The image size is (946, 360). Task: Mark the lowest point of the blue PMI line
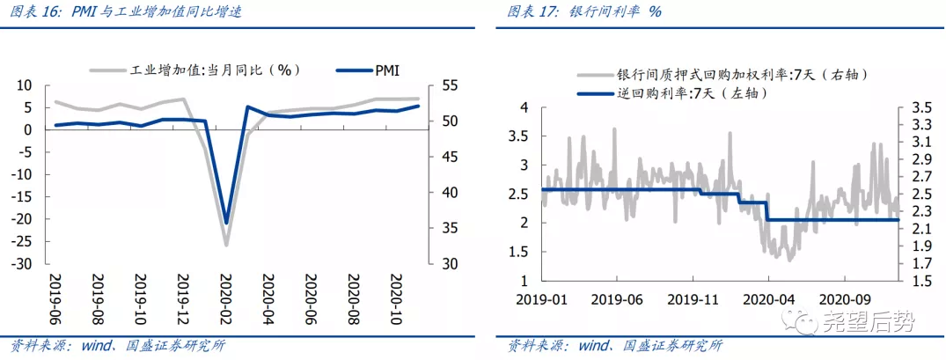(226, 223)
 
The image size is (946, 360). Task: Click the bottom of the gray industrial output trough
(226, 245)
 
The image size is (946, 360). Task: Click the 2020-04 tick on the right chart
(769, 298)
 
